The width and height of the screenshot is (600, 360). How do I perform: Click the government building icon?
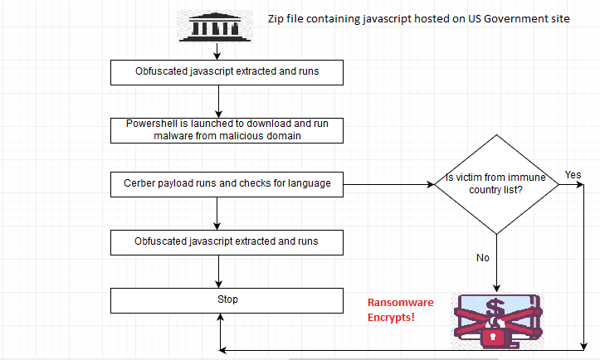[x=215, y=27]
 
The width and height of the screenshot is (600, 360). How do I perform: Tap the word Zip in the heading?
[x=276, y=19]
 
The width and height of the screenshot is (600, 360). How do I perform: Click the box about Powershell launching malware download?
[x=227, y=130]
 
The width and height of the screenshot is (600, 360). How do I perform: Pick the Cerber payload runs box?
[x=227, y=184]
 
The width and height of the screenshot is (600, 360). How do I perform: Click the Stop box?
[x=227, y=301]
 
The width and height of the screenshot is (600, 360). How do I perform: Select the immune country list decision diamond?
[x=497, y=184]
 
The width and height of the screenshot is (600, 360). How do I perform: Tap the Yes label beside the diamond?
[x=573, y=175]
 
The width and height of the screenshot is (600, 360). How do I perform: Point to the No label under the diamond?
[x=483, y=258]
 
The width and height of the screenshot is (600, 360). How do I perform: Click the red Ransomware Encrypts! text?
[x=400, y=310]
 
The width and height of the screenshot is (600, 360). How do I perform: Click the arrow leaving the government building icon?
[x=217, y=51]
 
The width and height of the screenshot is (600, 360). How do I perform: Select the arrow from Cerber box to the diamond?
[x=388, y=184]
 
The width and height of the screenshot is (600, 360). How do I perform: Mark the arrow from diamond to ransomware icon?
[x=497, y=264]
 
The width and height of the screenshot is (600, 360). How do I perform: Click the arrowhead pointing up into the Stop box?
[x=221, y=317]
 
